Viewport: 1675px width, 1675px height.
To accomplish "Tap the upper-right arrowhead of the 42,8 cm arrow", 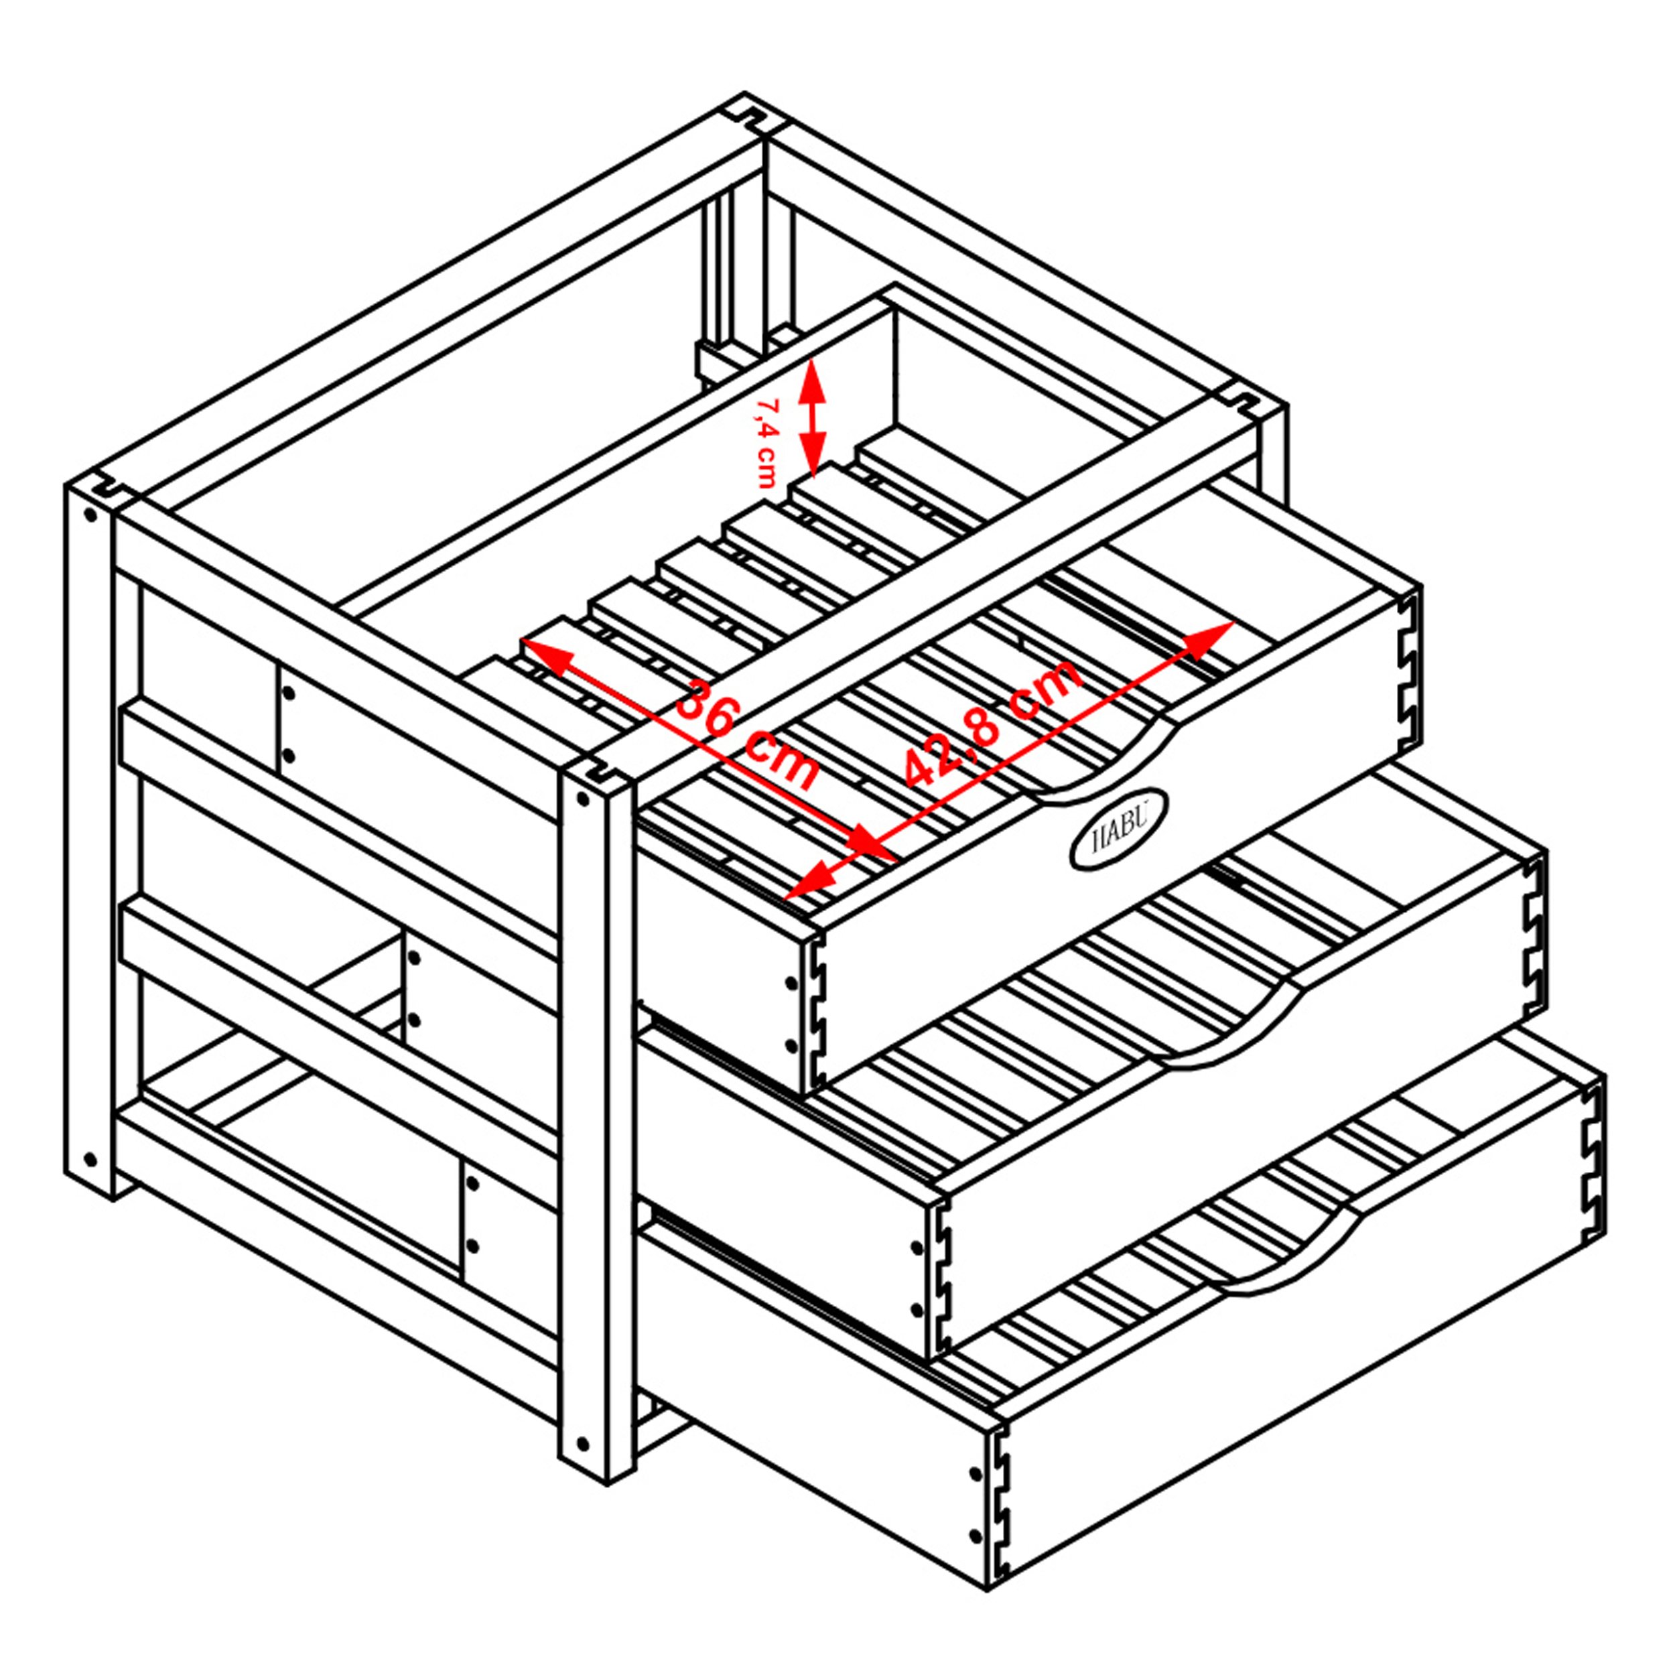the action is [1209, 636].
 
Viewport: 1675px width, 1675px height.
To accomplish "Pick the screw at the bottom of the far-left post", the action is [89, 1159].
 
